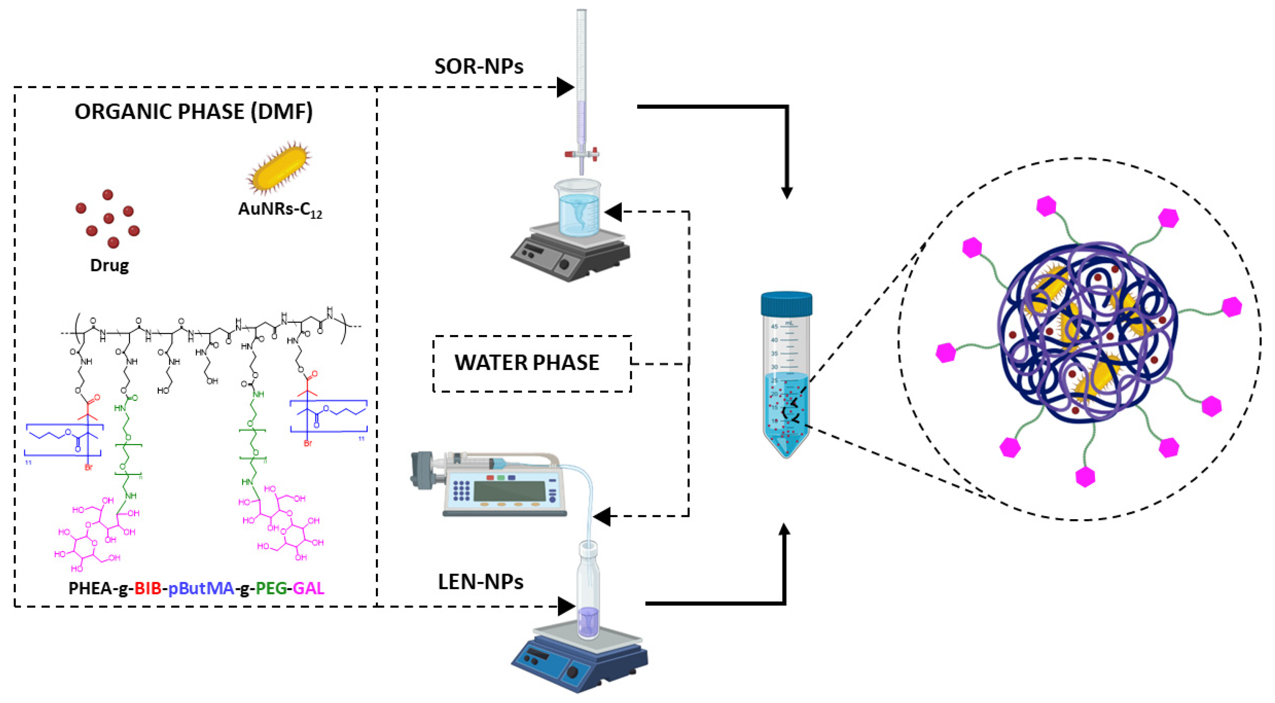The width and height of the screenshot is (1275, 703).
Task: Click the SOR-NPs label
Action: pyautogui.click(x=479, y=66)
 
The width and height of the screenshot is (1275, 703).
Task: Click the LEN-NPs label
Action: pyautogui.click(x=481, y=582)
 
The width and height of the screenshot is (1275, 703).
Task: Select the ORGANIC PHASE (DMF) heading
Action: pyautogui.click(x=194, y=112)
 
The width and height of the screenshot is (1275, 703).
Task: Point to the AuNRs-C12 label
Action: pyautogui.click(x=280, y=210)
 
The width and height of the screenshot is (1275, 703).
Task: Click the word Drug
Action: pyautogui.click(x=109, y=266)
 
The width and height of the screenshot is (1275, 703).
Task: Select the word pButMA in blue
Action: pyautogui.click(x=201, y=589)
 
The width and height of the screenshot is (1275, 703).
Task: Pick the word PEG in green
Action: pyautogui.click(x=271, y=589)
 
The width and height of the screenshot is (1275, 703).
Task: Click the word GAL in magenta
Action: pyautogui.click(x=308, y=589)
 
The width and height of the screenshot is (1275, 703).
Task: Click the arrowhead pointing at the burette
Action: pyautogui.click(x=565, y=87)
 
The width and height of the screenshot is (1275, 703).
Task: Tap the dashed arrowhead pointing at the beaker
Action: pyautogui.click(x=613, y=212)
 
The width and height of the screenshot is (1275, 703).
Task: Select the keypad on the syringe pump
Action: pyautogui.click(x=461, y=490)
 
